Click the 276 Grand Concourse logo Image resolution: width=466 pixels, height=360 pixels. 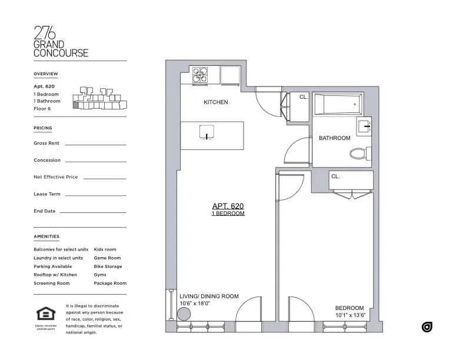(61, 41)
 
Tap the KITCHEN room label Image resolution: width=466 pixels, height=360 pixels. (215, 102)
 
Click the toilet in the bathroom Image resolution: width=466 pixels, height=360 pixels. (359, 154)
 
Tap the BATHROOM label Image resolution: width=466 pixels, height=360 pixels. (334, 138)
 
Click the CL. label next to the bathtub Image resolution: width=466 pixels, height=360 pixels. (303, 97)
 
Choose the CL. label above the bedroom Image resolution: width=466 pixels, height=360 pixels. (335, 176)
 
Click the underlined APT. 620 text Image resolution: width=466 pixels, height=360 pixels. (228, 206)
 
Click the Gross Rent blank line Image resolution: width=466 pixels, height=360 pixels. (95, 144)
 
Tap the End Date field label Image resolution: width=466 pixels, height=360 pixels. (45, 211)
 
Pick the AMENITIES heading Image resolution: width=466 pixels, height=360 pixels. (46, 236)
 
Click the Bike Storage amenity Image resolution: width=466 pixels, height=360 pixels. (108, 266)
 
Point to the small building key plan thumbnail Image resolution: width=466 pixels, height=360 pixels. (98, 98)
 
